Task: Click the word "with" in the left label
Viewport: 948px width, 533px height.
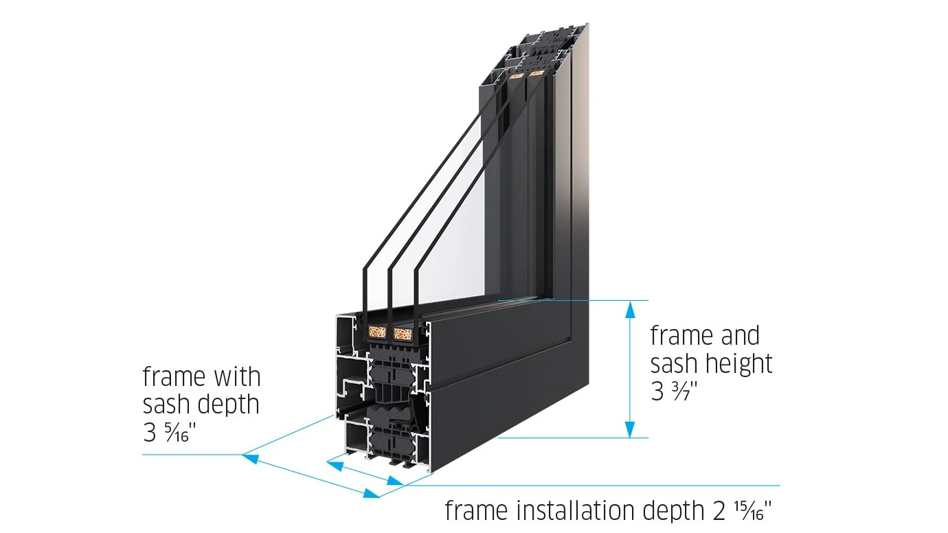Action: coord(234,377)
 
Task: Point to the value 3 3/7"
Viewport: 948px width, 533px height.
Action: coord(675,392)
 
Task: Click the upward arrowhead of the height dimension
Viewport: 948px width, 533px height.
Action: coord(629,310)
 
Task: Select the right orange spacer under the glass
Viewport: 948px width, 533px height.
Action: coord(403,334)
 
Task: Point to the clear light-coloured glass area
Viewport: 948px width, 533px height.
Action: coord(453,227)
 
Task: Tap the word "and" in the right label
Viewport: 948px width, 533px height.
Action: coord(739,336)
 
